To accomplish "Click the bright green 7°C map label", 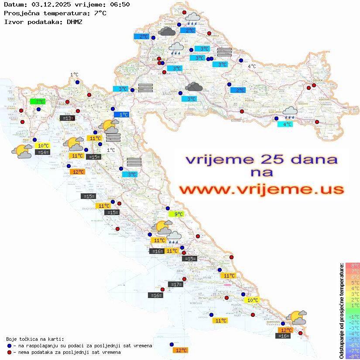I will [38, 102].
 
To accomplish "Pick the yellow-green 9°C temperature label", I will [176, 214].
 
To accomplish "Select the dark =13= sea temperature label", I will [67, 118].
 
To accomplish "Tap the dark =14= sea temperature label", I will [42, 152].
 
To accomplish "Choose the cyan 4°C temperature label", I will [285, 124].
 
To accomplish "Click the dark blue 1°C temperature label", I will [121, 115].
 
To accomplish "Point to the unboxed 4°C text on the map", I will [252, 66].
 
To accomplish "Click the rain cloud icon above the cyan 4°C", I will [290, 113].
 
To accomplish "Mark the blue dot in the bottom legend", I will [9, 346].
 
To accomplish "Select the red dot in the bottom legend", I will [9, 352].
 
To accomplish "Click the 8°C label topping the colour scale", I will [353, 265].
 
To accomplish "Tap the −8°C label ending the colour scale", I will [353, 357].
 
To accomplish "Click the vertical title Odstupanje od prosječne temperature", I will [341, 311].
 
